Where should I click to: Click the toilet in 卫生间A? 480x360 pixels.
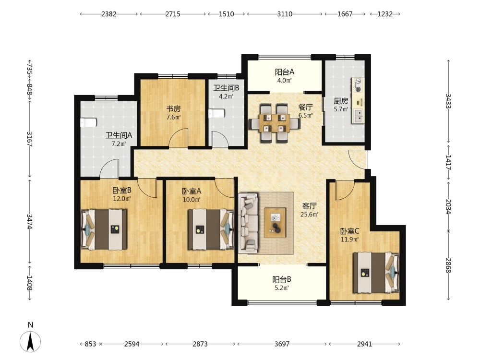pos(88,122)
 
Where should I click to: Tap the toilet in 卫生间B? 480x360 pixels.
pos(216,114)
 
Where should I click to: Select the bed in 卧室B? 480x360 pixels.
pos(104,229)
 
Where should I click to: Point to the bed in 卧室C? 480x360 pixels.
pos(376,273)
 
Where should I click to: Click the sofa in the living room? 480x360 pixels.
pos(248,223)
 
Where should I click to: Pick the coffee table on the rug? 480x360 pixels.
pos(275,223)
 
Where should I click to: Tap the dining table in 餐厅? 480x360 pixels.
pos(274,123)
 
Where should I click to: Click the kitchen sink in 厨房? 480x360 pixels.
pos(358,116)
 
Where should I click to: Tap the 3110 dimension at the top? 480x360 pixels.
pos(285,14)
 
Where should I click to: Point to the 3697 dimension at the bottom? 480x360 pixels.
pos(282,344)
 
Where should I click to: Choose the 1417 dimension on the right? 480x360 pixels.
pos(448,163)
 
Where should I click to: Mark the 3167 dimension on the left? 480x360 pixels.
pos(30,139)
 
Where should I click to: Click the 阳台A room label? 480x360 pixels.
pos(284,72)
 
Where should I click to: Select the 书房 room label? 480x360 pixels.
pos(173,108)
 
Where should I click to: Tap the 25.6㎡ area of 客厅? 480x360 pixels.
pos(309,214)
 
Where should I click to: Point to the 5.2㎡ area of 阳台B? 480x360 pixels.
pos(281,288)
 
